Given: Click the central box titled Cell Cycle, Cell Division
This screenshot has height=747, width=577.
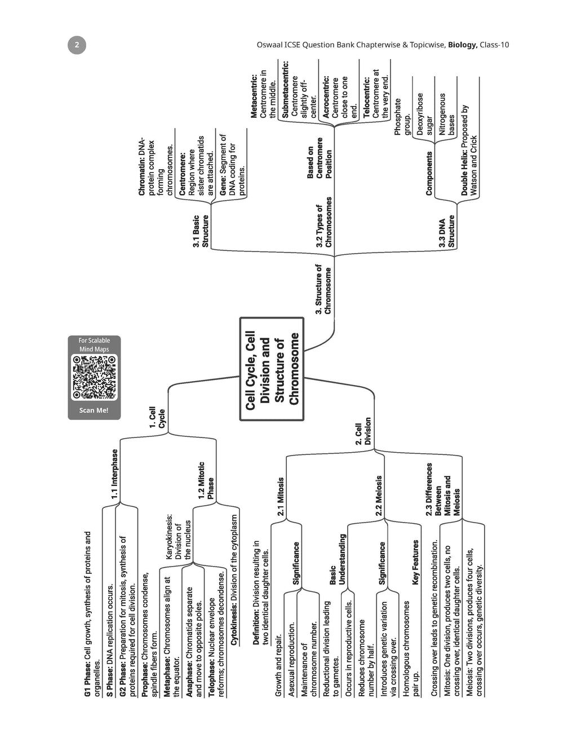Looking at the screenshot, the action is tap(272, 369).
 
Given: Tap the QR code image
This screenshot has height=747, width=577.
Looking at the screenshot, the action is tap(94, 377).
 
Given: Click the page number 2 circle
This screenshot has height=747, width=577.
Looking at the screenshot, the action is tap(77, 45).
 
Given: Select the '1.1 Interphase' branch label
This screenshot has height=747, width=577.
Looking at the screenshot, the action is tap(114, 474).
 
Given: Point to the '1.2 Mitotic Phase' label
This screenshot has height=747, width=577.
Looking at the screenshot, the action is tap(206, 480).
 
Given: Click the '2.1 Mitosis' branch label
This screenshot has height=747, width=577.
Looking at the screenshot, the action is tap(281, 496).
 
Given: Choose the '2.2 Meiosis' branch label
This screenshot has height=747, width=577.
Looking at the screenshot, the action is tap(379, 496).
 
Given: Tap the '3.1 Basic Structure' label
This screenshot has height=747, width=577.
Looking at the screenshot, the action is tap(201, 231).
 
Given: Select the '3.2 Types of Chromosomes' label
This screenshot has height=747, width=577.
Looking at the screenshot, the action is tap(324, 222).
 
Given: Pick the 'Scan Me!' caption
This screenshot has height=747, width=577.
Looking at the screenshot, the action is tap(94, 410).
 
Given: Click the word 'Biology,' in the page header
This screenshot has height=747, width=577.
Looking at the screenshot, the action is tap(463, 45).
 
